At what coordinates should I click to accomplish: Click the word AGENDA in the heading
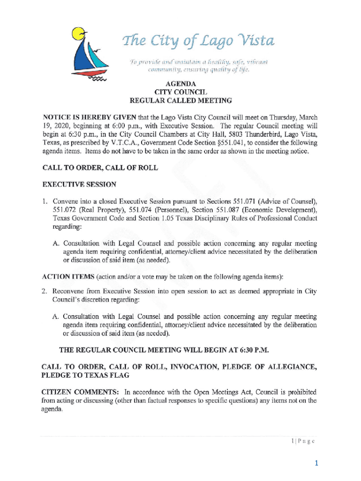pyautogui.click(x=180, y=84)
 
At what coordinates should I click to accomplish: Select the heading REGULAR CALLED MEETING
pyautogui.click(x=180, y=101)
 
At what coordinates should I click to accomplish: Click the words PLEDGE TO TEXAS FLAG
pyautogui.click(x=86, y=376)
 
